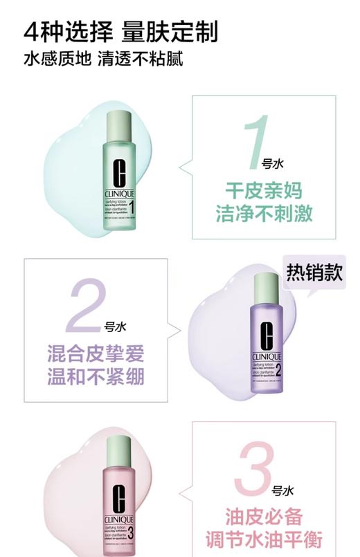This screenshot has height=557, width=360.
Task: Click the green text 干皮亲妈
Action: click(x=263, y=190)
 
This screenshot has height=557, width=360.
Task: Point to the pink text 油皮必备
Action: click(x=263, y=517)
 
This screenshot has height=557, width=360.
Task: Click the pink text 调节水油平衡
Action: click(x=263, y=540)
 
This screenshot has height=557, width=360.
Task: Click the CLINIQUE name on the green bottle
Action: click(x=119, y=193)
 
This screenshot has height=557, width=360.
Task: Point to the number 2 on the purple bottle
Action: click(x=278, y=369)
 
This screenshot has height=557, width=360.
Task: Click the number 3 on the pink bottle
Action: click(x=131, y=531)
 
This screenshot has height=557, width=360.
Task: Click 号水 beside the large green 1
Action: click(x=273, y=164)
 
